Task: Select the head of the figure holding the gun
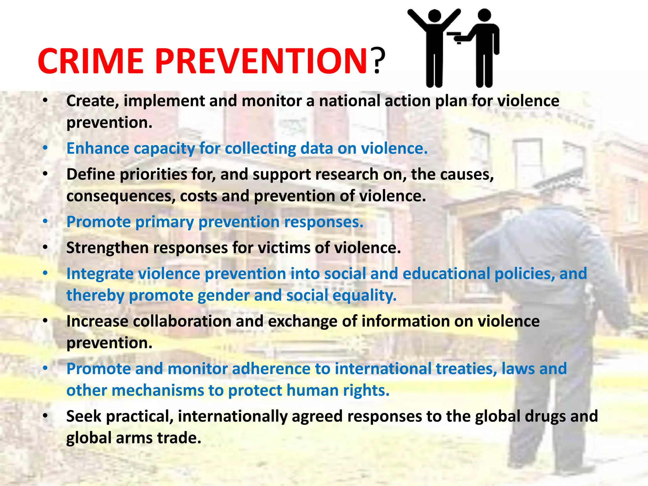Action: [484, 15]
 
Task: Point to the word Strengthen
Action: [107, 248]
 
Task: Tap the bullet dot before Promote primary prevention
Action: [46, 221]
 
